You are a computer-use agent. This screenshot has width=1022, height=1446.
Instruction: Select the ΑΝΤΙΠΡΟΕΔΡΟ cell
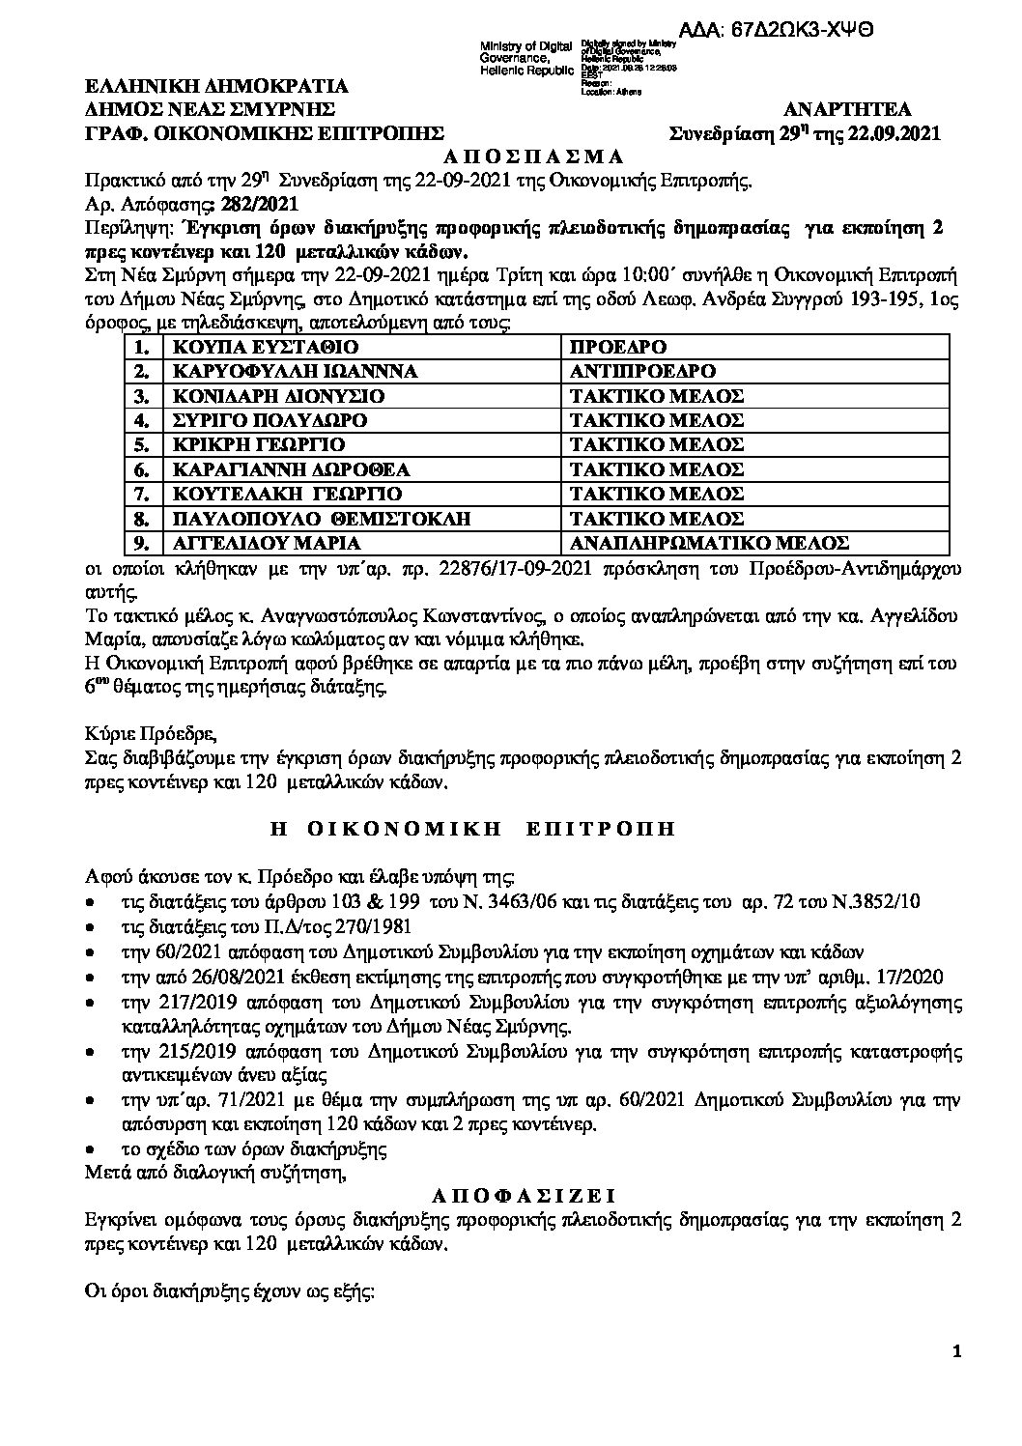(642, 371)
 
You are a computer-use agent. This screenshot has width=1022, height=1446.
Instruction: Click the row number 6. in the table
(143, 469)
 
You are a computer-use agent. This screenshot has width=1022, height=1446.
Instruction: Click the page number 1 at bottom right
(956, 1380)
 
